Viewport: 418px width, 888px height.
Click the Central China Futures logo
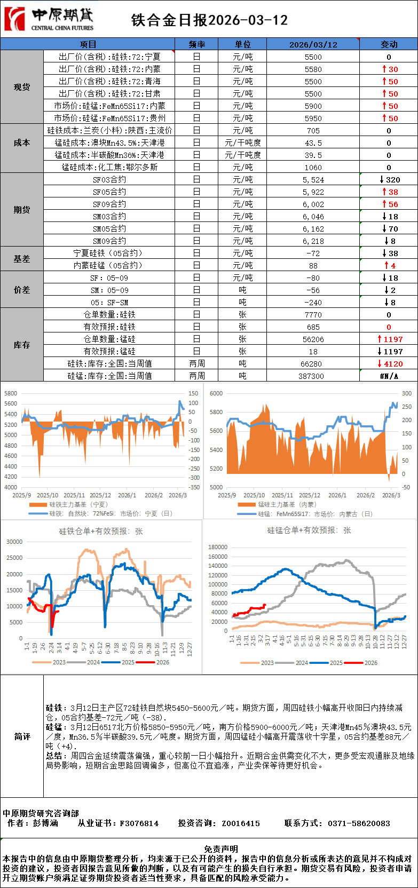click(x=49, y=19)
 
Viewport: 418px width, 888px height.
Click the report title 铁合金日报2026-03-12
click(x=209, y=20)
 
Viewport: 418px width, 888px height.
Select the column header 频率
click(x=196, y=44)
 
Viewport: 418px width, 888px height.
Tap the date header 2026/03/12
click(x=313, y=44)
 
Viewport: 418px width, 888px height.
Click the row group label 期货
click(x=22, y=210)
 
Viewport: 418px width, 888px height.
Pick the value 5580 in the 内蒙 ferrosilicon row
click(x=313, y=69)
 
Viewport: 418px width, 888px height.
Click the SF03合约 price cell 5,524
click(x=313, y=180)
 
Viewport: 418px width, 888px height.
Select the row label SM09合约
click(x=109, y=241)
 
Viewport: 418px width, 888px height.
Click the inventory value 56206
click(x=313, y=339)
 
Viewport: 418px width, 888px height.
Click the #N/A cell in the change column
click(x=389, y=376)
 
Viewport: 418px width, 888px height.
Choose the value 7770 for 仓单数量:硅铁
click(x=313, y=315)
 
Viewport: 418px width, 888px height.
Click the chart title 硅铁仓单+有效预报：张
click(x=101, y=532)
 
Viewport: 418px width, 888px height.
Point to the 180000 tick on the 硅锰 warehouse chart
click(x=218, y=547)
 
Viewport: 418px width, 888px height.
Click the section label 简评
click(x=22, y=736)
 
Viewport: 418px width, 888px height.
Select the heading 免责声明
click(x=220, y=849)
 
